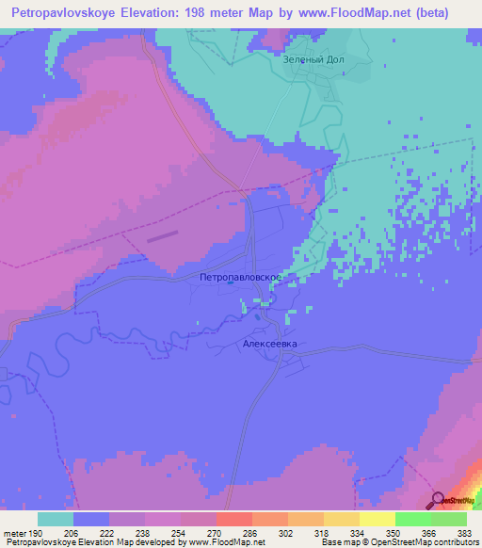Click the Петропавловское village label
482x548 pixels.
[242, 278]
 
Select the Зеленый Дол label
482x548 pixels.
[310, 59]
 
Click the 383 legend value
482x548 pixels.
[463, 532]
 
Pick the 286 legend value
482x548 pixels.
[249, 532]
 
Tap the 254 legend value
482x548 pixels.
[179, 532]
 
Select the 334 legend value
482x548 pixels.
[357, 532]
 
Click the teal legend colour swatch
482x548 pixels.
[56, 519]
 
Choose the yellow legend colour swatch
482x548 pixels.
[377, 519]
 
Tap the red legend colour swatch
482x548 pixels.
[233, 519]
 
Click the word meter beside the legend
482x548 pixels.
[15, 532]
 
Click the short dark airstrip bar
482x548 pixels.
[161, 236]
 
